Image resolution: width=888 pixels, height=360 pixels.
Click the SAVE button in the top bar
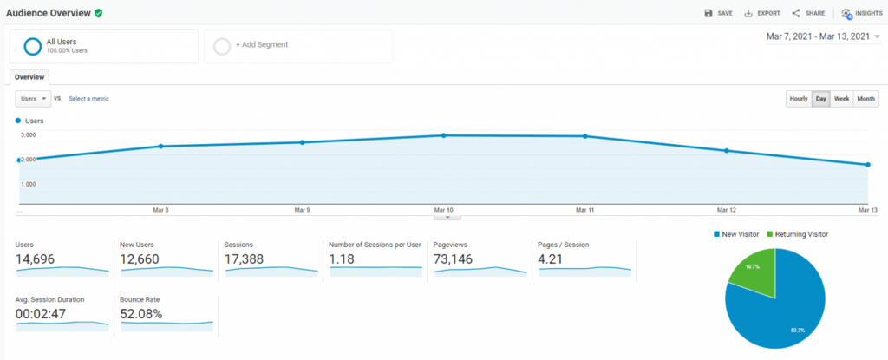(x=719, y=13)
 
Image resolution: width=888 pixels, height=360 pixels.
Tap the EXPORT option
(x=762, y=13)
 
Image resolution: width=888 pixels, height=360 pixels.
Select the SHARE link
(x=808, y=13)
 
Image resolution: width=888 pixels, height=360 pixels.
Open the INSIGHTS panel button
(x=862, y=13)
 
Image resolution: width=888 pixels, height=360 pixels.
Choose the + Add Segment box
(x=297, y=45)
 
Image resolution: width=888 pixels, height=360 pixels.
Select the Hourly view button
(x=799, y=99)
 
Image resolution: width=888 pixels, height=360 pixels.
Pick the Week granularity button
(x=841, y=99)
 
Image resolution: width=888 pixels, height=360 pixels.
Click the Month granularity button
(x=865, y=99)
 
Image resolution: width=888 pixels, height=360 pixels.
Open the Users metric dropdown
(x=34, y=99)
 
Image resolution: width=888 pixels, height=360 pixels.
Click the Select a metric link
(x=89, y=99)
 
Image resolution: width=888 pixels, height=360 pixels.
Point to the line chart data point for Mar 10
(x=444, y=135)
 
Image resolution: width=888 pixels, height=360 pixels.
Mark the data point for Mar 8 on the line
(x=161, y=147)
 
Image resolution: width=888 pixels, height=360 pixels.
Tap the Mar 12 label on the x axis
(x=726, y=210)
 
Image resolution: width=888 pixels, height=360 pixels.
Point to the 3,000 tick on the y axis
(x=29, y=135)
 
